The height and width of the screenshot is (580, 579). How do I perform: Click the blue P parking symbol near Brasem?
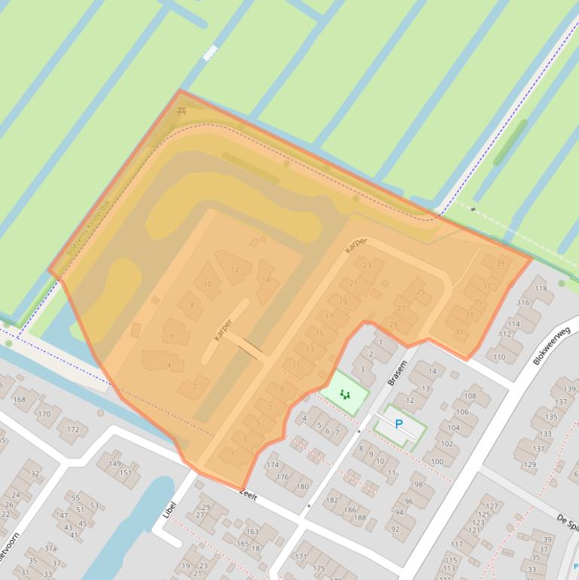point(399,424)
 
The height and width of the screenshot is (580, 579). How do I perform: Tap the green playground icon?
point(345,394)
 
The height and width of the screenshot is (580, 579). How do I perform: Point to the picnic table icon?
point(181,111)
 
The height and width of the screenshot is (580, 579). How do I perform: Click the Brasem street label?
point(397,372)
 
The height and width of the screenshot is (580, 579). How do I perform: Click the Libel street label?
point(169,510)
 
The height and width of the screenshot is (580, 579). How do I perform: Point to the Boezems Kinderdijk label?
point(89,227)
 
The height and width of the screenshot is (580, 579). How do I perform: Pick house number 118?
point(541,288)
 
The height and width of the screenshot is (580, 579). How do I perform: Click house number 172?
point(72,429)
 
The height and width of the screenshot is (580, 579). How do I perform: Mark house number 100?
point(437,462)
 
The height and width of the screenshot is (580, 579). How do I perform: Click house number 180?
point(302,486)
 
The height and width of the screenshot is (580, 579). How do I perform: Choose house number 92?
point(395,530)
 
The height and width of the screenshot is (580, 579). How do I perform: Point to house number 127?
point(492,506)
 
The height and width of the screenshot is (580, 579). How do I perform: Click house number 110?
point(499,357)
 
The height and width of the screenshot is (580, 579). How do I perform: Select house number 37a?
point(50,548)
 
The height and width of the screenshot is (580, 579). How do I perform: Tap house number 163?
point(251,531)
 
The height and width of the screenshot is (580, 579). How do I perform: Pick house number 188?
point(359,517)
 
